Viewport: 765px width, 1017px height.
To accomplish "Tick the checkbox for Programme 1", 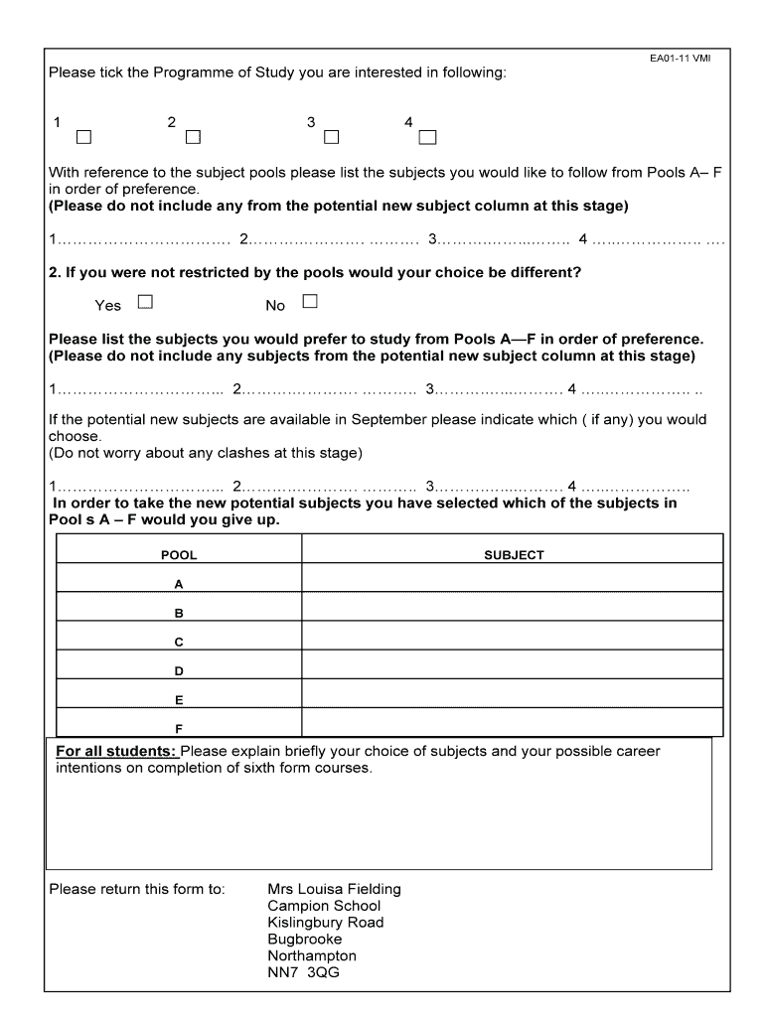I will coord(83,136).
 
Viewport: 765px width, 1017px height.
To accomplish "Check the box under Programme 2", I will coord(193,136).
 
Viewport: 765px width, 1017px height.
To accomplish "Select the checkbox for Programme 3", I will coord(331,136).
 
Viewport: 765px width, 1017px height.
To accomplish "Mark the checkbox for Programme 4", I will coord(428,136).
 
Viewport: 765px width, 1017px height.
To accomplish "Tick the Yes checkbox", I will coord(145,301).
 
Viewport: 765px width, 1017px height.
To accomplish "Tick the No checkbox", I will coord(310,301).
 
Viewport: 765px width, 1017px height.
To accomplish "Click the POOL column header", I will coord(179,555).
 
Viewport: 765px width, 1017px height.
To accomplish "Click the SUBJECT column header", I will coord(514,555).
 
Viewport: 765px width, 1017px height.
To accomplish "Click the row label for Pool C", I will coord(179,643).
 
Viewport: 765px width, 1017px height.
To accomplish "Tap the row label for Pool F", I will coord(179,728).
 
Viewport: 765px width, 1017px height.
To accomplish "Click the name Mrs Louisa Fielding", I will coord(334,889).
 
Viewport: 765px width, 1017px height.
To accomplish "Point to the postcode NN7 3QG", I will coord(303,972).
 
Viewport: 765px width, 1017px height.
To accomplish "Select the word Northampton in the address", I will coord(311,955).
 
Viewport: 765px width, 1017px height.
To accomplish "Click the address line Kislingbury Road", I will coord(325,923).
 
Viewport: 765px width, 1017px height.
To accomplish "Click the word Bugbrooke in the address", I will coord(304,939).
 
